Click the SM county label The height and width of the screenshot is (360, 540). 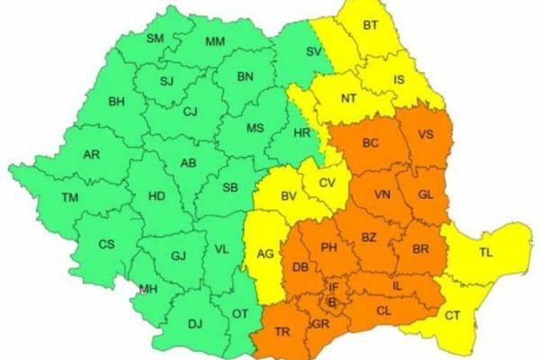point(156,38)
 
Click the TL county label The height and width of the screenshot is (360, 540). point(486,253)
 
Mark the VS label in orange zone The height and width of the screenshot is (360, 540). point(427,136)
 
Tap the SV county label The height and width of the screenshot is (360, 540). point(313,53)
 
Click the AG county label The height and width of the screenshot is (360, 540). point(265,255)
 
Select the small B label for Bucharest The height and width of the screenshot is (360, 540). point(331,302)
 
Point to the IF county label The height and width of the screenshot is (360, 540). point(333,287)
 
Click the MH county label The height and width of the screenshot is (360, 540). point(147,289)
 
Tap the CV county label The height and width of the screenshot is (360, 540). point(327,182)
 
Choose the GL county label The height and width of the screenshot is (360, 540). point(427,194)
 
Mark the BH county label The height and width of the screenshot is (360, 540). point(116,102)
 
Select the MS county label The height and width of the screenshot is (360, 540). point(255,129)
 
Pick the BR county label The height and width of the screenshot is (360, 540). point(420,248)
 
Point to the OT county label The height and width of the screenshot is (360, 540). point(240,313)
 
